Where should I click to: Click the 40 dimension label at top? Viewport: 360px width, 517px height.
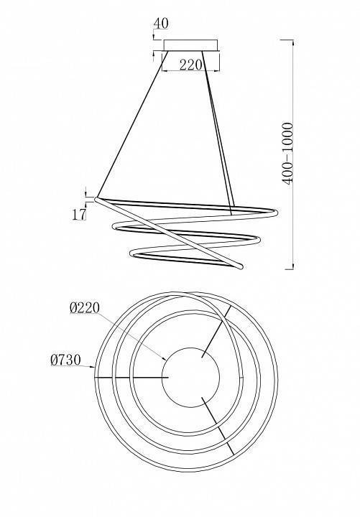161,24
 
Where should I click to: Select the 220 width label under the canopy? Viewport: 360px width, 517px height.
190,65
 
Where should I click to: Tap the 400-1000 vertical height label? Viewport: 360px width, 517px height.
287,154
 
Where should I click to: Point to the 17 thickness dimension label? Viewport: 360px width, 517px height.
79,215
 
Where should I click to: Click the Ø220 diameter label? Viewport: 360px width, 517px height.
85,308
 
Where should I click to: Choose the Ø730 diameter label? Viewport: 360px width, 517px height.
65,360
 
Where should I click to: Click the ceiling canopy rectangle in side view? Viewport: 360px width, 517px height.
190,45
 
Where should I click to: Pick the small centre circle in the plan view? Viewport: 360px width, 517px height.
190,378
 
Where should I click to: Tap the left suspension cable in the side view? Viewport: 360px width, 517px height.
133,124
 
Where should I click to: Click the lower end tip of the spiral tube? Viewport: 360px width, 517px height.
240,266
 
